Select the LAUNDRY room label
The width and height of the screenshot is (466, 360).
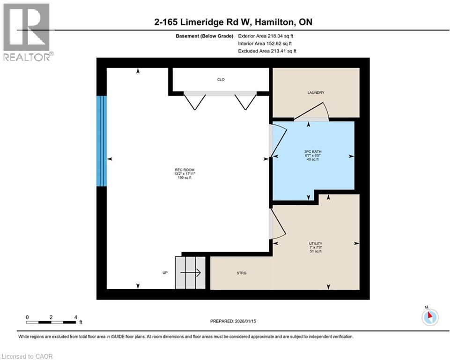pyautogui.click(x=316, y=93)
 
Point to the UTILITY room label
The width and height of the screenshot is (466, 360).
pyautogui.click(x=315, y=243)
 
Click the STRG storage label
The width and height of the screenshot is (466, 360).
pyautogui.click(x=241, y=273)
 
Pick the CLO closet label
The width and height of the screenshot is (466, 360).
pyautogui.click(x=221, y=80)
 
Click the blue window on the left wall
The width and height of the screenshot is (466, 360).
pyautogui.click(x=102, y=141)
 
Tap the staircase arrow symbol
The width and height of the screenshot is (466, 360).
pyautogui.click(x=191, y=272)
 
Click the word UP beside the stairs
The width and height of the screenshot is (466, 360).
pyautogui.click(x=165, y=273)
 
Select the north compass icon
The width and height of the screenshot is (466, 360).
pyautogui.click(x=429, y=317)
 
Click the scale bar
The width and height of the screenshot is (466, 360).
pyautogui.click(x=52, y=322)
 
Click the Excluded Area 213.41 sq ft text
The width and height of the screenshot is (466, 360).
pyautogui.click(x=267, y=51)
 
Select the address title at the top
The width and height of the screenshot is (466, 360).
pyautogui.click(x=233, y=22)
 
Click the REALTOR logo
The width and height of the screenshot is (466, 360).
pyautogui.click(x=27, y=32)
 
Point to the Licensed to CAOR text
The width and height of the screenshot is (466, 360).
pyautogui.click(x=27, y=356)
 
